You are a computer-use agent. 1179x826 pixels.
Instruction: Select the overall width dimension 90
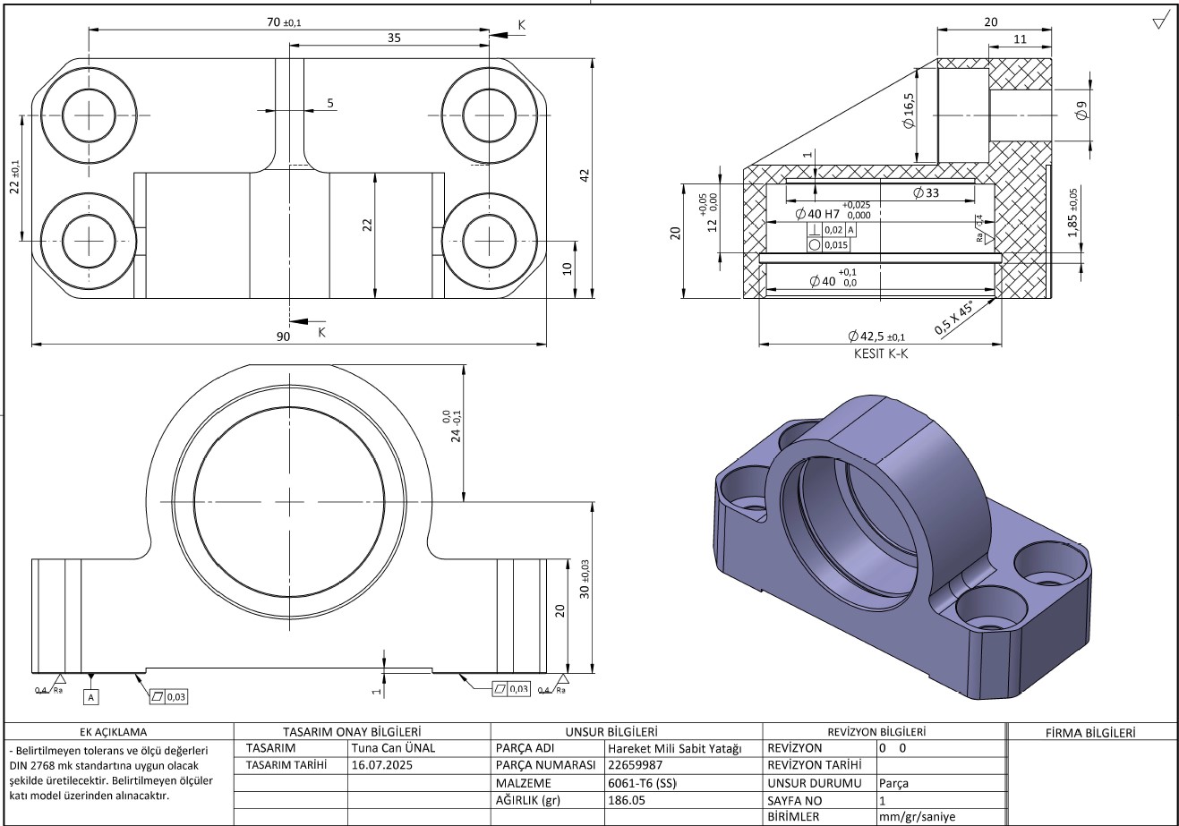pyautogui.click(x=283, y=336)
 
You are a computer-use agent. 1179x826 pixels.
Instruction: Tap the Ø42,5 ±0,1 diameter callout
pyautogui.click(x=876, y=336)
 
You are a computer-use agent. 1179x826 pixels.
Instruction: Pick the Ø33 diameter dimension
pyautogui.click(x=926, y=192)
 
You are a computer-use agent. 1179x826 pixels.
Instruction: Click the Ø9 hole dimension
pyautogui.click(x=1081, y=112)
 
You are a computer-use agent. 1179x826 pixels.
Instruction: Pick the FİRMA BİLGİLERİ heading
pyautogui.click(x=1090, y=732)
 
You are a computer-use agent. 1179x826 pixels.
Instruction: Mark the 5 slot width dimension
pyautogui.click(x=330, y=104)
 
